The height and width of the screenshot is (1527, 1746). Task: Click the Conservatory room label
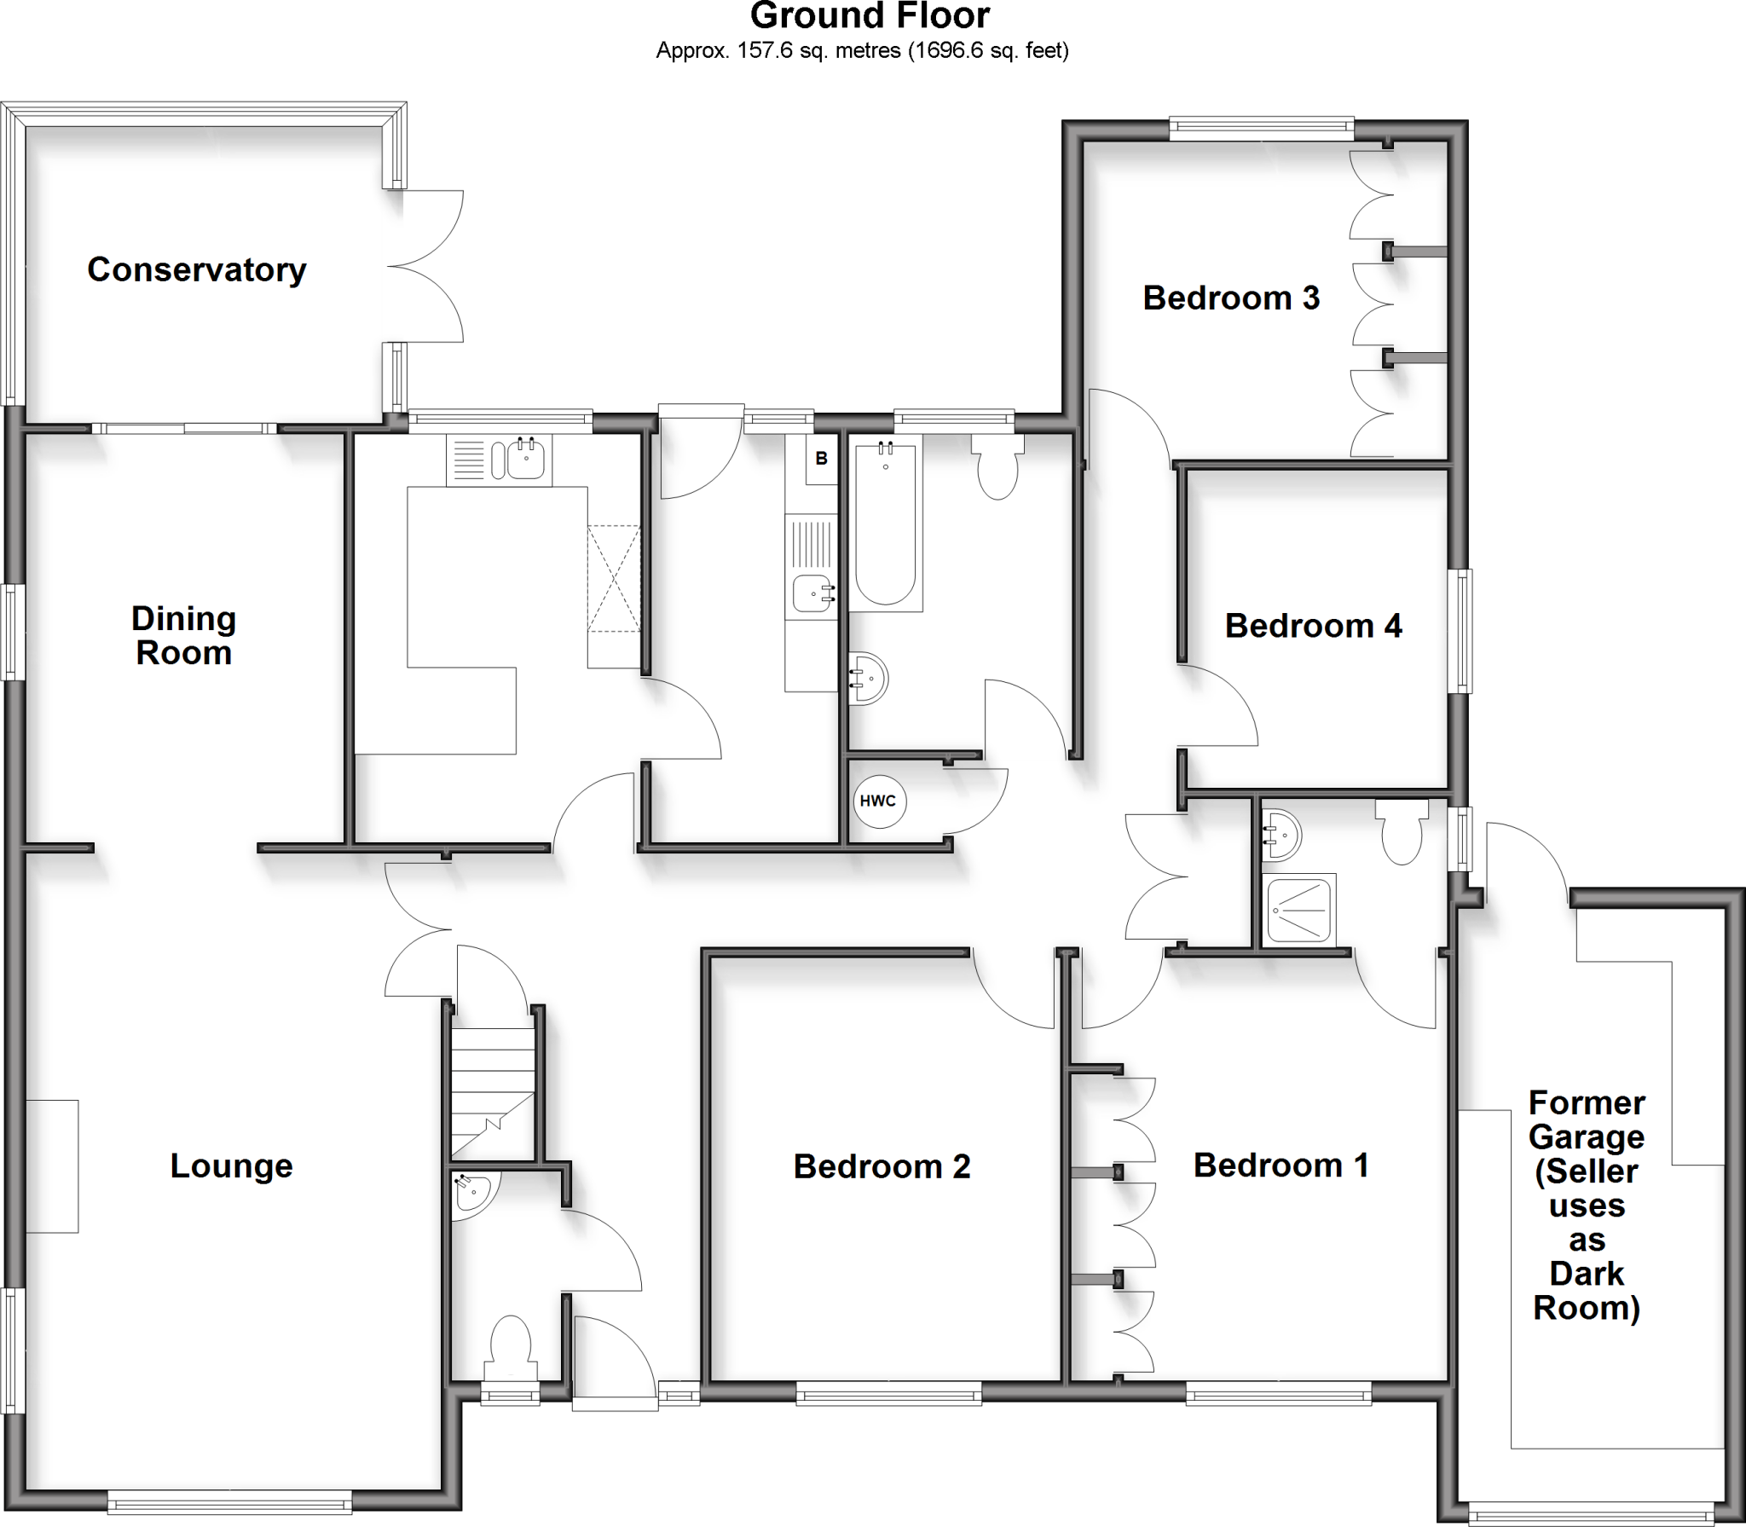[196, 270]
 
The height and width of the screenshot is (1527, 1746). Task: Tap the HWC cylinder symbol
[879, 801]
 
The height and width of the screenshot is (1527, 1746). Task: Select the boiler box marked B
[822, 459]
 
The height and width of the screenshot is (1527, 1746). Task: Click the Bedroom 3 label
[1230, 298]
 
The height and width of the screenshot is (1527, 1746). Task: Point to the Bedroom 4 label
[1313, 627]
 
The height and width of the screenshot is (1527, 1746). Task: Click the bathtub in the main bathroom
[885, 523]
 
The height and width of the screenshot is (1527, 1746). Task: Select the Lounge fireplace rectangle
[52, 1165]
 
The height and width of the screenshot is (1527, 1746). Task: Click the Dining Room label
[183, 636]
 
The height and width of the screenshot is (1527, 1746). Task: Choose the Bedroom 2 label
[882, 1166]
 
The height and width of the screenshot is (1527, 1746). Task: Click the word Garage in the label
[1586, 1137]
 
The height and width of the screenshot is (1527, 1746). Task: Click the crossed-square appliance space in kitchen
[613, 579]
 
